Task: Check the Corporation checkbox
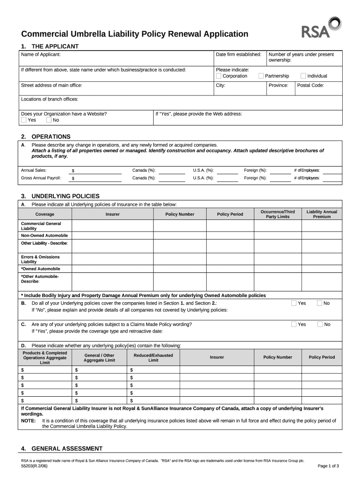click(218, 76)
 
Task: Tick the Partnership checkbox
click(261, 76)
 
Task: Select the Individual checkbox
click(303, 76)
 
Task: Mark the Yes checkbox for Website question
click(24, 120)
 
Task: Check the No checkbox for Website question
click(49, 120)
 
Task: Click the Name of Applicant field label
click(41, 55)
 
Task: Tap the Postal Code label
click(310, 86)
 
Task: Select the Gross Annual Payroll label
click(41, 178)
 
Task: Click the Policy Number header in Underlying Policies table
click(180, 214)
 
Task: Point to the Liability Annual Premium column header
click(321, 214)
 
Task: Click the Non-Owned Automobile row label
click(44, 235)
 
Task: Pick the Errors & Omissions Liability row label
click(40, 259)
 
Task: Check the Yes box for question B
click(294, 303)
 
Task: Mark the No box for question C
click(320, 324)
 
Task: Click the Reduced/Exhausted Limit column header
click(153, 357)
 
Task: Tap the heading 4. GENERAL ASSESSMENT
click(62, 449)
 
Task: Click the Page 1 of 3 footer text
click(328, 466)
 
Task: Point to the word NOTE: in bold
click(29, 421)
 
